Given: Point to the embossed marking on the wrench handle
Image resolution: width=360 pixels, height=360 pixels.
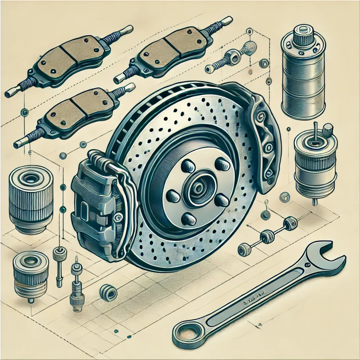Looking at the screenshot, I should [x=253, y=294].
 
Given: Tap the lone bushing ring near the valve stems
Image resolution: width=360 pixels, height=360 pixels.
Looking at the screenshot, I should [x=108, y=292].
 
